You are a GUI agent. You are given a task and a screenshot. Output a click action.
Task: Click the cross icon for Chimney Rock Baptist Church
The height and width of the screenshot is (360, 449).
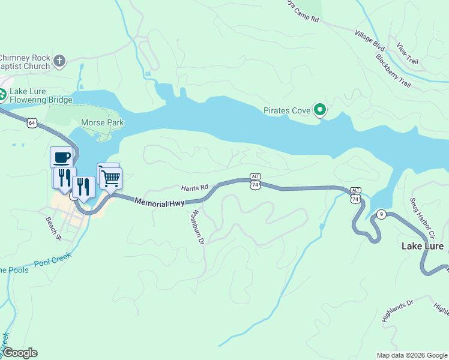click(x=59, y=61)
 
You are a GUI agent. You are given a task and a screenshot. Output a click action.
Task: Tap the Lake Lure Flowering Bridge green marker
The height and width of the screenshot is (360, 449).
click(x=3, y=94)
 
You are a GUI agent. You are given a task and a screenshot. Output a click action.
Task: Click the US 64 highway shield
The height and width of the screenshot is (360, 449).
click(x=32, y=122)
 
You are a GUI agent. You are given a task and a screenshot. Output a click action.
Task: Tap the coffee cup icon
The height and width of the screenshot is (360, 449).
click(x=62, y=158)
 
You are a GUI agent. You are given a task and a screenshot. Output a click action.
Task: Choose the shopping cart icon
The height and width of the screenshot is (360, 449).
click(x=110, y=177)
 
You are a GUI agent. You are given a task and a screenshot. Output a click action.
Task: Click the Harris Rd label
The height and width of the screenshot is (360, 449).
click(x=194, y=188)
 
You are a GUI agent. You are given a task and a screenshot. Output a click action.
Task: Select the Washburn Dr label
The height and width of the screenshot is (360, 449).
click(x=197, y=227)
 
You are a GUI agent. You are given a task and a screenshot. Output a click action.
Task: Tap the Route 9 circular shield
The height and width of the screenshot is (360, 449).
click(x=381, y=214)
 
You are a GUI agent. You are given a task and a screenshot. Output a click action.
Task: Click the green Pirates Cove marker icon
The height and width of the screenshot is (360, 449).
click(x=321, y=110)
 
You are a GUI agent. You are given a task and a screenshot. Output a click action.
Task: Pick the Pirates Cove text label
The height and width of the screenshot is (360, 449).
click(x=287, y=110)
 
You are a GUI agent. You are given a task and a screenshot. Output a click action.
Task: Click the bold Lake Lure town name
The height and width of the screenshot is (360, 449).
click(x=423, y=247)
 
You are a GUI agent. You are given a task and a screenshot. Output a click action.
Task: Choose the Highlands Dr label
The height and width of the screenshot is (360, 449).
click(x=398, y=310)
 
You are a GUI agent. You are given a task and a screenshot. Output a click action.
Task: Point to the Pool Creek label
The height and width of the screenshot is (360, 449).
click(x=53, y=260)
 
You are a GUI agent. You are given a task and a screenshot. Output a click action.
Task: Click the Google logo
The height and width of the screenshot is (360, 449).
click(x=20, y=353)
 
